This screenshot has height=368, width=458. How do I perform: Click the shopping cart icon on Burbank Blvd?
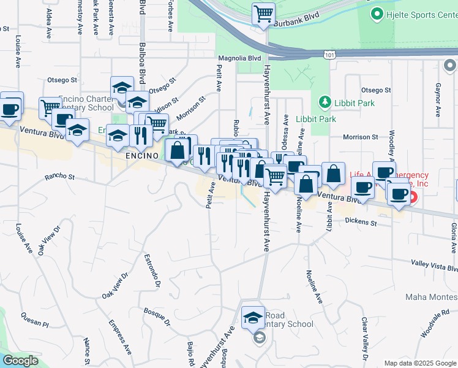263,13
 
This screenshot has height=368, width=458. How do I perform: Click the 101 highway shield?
329,55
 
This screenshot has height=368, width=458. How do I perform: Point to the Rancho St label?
59,178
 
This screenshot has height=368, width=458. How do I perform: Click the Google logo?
20,360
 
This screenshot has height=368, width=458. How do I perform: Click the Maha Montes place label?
431,297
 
